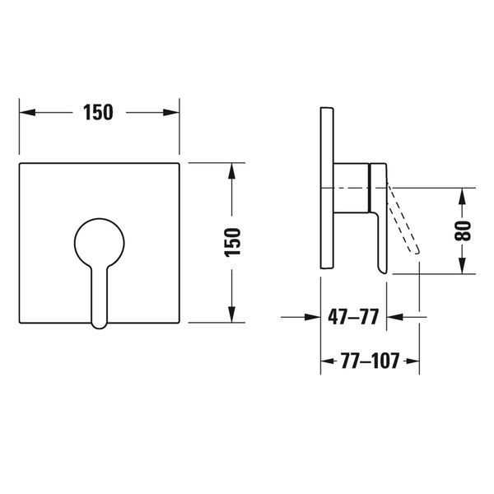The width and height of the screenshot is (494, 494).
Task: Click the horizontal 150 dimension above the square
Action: tap(98, 112)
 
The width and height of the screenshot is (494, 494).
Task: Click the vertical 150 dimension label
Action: tap(232, 242)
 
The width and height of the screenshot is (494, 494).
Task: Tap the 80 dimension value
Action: tap(463, 231)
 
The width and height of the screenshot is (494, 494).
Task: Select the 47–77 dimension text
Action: tap(353, 317)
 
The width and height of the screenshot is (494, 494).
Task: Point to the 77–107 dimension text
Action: tap(370, 361)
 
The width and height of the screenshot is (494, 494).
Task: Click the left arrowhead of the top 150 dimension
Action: tap(27, 112)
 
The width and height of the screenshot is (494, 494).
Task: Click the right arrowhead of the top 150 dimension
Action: tap(171, 112)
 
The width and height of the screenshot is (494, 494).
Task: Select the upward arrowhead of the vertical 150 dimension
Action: tap(231, 171)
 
